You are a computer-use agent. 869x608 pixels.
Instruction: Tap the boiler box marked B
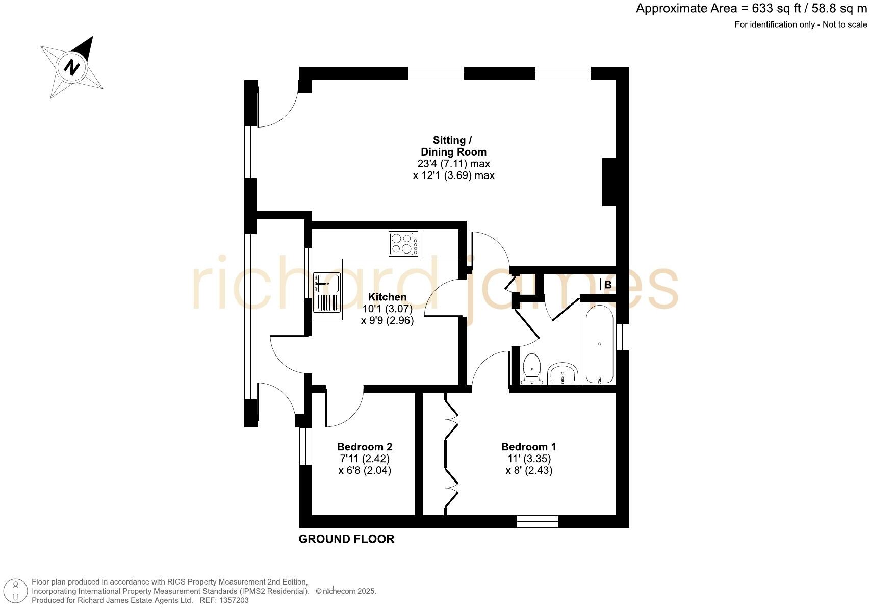click(x=607, y=285)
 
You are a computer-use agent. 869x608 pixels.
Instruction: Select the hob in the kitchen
click(x=403, y=244)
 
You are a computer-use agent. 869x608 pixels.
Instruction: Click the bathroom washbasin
click(x=563, y=374)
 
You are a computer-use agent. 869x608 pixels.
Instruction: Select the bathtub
click(x=600, y=344)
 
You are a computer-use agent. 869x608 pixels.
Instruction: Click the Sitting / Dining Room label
click(x=453, y=146)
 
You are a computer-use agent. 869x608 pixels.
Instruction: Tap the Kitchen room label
click(x=388, y=297)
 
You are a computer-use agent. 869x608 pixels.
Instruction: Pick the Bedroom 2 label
click(x=365, y=447)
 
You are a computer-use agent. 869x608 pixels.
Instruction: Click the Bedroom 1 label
click(x=529, y=447)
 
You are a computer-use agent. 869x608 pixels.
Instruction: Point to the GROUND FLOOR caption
click(x=346, y=539)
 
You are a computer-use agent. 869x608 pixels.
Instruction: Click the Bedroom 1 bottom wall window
click(x=538, y=521)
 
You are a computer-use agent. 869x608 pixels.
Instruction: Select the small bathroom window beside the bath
click(x=622, y=337)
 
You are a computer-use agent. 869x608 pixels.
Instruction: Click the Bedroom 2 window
click(x=305, y=446)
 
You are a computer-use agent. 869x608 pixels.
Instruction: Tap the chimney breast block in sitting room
click(x=610, y=182)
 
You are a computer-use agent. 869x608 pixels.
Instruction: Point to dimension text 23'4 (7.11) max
click(x=453, y=164)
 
